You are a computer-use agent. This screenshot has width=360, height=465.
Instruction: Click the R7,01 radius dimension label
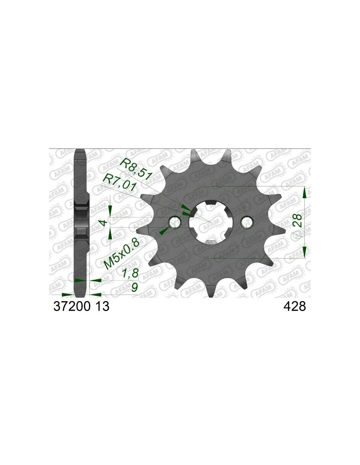(x=119, y=182)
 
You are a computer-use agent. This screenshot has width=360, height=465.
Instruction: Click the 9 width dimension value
(x=134, y=287)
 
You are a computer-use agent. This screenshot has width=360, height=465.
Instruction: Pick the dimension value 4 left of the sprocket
(x=103, y=223)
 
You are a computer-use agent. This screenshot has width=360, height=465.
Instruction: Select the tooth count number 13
(x=102, y=306)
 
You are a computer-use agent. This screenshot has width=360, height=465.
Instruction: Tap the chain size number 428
(x=295, y=306)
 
